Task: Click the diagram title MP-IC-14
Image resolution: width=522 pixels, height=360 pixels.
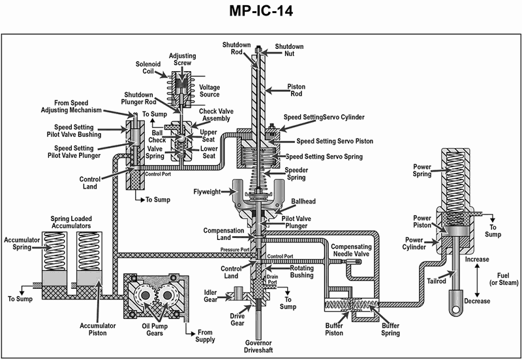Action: [261, 12]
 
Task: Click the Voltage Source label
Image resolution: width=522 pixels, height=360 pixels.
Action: [209, 91]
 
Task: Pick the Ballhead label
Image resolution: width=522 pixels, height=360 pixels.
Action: [304, 202]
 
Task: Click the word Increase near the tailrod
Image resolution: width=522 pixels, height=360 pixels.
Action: [477, 259]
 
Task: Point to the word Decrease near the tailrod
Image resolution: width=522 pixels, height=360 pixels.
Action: [477, 301]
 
